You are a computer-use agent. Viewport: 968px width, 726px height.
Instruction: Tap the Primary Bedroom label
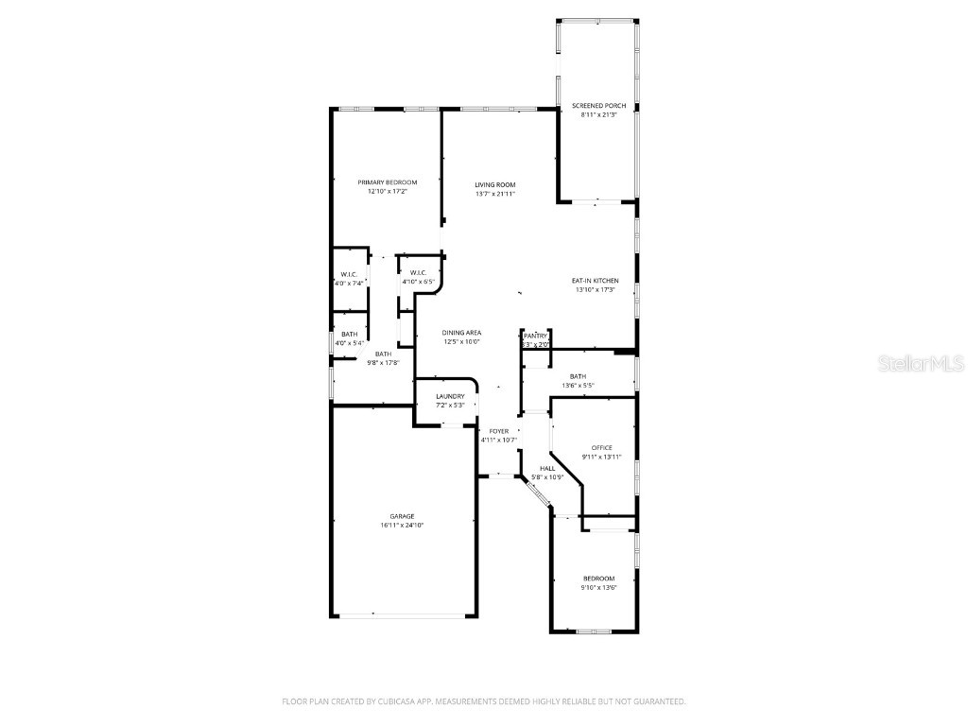(387, 182)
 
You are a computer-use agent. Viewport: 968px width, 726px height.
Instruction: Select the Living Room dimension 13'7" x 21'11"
(495, 194)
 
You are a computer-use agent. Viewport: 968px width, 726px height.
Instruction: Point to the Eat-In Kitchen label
(595, 281)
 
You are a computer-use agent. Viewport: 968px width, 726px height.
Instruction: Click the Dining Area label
(462, 333)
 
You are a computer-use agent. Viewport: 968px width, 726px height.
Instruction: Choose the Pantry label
(536, 336)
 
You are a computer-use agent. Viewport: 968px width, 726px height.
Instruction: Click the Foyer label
(498, 431)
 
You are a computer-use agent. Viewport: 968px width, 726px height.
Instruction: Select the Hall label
(547, 468)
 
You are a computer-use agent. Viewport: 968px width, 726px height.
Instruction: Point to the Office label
(601, 448)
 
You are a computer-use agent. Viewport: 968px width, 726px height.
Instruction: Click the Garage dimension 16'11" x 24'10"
(402, 525)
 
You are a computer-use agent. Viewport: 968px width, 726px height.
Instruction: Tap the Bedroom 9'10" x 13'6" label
(598, 579)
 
